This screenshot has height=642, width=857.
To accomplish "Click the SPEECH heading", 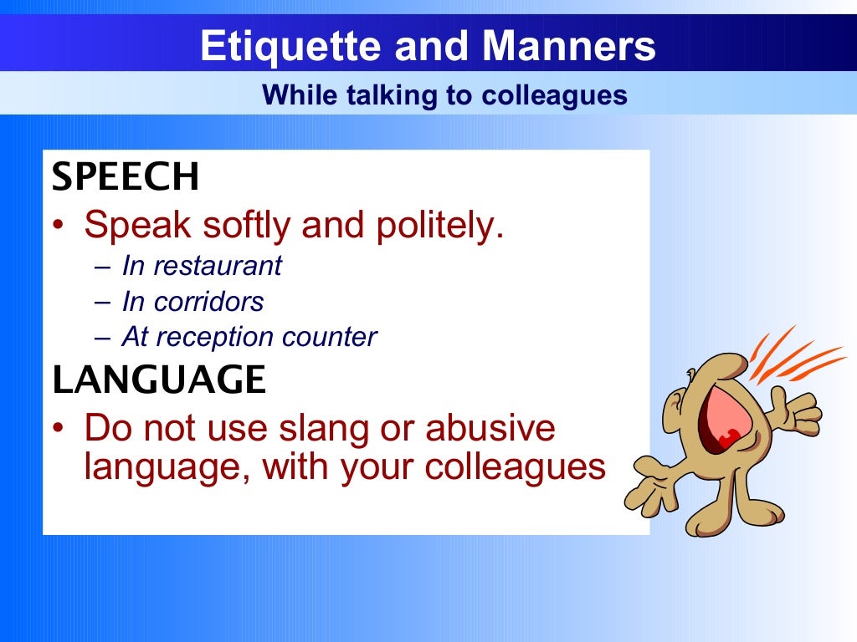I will point(126,177).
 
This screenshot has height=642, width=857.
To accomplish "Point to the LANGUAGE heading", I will point(159,380).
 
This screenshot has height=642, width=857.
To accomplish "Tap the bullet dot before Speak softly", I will point(59,227).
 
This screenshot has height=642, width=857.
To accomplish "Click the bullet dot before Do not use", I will point(59,430).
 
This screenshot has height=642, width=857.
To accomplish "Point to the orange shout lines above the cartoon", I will point(795,355).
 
